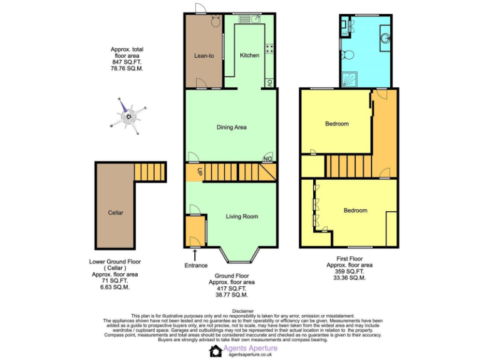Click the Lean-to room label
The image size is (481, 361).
204,56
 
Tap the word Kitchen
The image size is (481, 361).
249,56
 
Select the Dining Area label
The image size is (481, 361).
231,127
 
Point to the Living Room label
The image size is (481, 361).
242,217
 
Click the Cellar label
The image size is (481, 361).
115,212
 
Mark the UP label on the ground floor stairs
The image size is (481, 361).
200,172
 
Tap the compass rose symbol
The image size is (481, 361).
130,115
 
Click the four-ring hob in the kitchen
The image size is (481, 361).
269,48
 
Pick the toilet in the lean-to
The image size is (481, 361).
215,22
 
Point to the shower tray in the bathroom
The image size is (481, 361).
346,78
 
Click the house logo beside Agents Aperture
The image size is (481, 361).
216,351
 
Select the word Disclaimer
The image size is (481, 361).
242,311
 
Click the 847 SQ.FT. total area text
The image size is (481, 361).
127,63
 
